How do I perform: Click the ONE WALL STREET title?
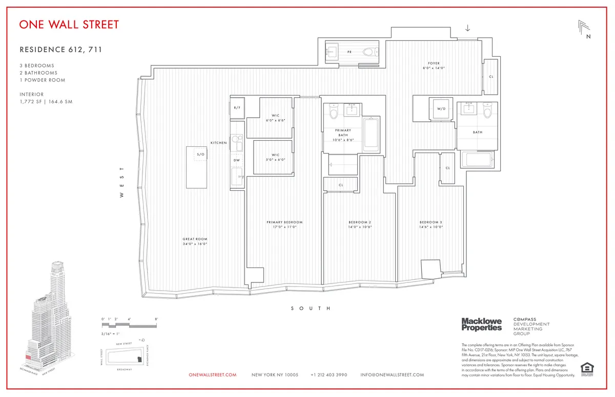[69, 25]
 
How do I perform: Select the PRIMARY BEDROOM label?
[284, 222]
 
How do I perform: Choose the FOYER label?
[431, 63]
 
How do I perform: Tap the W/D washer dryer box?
[441, 109]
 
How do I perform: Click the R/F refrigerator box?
[237, 108]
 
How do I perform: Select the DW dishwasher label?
[237, 160]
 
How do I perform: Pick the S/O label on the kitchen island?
[201, 154]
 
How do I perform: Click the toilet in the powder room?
[368, 52]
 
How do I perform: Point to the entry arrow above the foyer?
[467, 28]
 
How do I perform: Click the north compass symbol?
[585, 30]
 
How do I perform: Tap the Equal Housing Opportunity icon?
[584, 368]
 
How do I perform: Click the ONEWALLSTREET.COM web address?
[213, 375]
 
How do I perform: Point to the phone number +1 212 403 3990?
[329, 375]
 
